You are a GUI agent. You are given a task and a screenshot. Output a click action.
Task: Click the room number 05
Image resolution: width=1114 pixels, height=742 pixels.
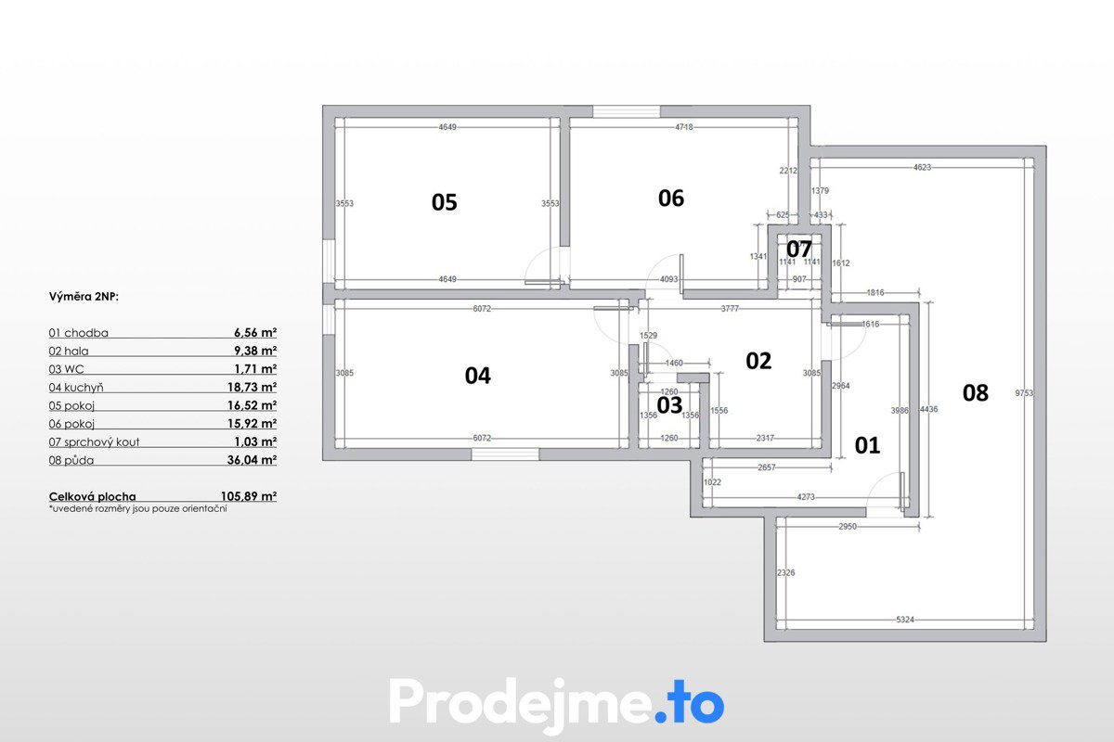[x=444, y=203]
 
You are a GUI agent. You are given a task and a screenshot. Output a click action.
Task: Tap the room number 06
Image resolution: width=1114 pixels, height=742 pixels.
[x=671, y=198]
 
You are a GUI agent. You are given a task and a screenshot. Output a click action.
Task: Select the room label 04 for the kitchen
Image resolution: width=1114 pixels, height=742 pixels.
[x=477, y=376]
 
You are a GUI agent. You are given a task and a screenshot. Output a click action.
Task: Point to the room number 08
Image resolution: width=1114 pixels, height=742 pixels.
[x=976, y=393]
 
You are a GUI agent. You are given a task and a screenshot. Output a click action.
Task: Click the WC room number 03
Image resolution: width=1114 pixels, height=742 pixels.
[x=669, y=405]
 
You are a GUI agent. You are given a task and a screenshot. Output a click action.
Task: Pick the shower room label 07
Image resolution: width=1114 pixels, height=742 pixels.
[x=798, y=249]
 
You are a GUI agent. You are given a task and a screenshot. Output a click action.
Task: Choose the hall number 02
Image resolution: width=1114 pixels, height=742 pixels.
[x=758, y=361]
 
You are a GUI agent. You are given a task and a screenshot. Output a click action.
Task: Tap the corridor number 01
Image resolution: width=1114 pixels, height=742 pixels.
[x=867, y=445]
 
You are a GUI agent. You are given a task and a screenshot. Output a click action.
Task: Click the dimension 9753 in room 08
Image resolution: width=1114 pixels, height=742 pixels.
[x=1024, y=393]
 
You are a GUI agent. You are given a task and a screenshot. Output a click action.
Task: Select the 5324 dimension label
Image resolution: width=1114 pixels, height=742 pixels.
[x=905, y=620]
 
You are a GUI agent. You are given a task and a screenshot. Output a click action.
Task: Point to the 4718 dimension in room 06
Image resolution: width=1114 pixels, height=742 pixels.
[x=684, y=127]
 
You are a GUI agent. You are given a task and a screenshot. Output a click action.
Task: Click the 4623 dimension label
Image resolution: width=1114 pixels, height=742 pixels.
[x=922, y=168]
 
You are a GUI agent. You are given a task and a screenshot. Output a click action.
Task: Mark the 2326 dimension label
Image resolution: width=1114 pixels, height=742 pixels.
[x=785, y=572]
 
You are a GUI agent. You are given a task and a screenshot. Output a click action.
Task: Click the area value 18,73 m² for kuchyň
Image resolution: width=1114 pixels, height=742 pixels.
[x=253, y=387]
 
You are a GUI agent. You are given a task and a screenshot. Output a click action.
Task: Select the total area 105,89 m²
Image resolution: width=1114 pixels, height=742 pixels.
[x=249, y=496]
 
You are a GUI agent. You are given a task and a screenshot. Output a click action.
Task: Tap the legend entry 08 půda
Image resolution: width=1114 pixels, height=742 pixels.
[x=71, y=460]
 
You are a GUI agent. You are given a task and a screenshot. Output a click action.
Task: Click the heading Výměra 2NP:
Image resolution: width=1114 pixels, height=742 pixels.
[x=84, y=297]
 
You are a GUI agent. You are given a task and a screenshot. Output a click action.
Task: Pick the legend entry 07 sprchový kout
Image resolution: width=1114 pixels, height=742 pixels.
[x=94, y=441]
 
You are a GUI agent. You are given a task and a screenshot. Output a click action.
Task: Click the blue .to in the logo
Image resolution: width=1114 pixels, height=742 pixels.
[x=689, y=705]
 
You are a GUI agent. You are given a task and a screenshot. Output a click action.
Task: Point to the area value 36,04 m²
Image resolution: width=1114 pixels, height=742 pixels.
[x=253, y=460]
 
